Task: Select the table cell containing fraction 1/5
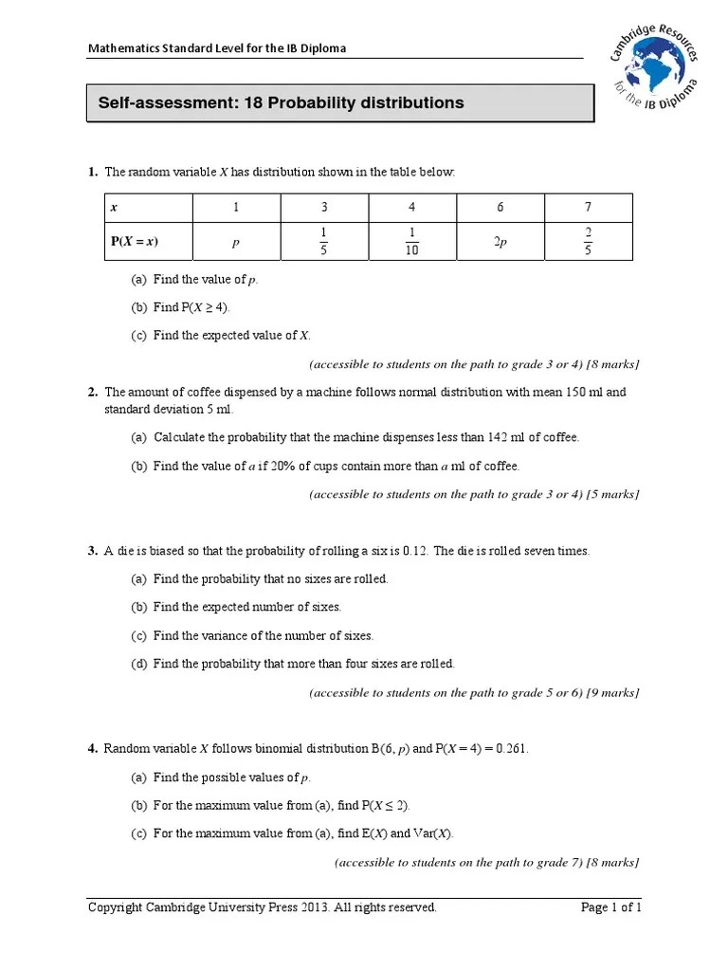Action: tap(324, 242)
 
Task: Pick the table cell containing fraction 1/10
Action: tap(412, 242)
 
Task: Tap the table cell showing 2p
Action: tap(500, 242)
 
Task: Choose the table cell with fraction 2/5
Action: tap(588, 242)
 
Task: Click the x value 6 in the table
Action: tap(500, 207)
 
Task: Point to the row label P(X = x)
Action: tap(135, 242)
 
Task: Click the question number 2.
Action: tap(93, 392)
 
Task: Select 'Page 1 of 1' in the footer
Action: tap(610, 907)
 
